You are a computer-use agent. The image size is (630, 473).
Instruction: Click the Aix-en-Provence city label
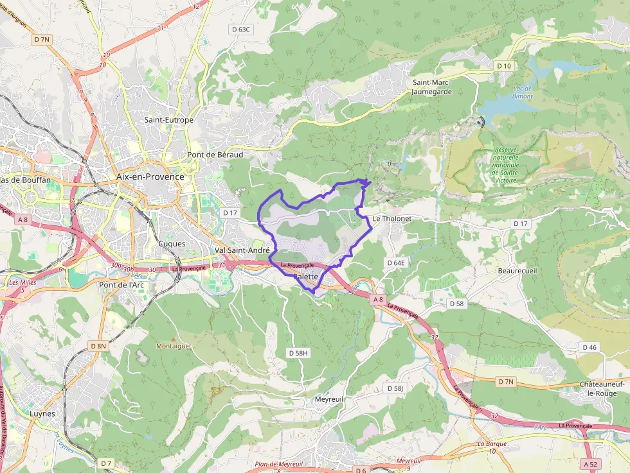[x=150, y=176]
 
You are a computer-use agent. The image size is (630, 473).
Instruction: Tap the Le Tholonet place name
[x=392, y=218]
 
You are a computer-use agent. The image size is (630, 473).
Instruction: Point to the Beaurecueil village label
[x=517, y=271]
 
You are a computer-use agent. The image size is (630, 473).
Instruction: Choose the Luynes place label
[x=42, y=414]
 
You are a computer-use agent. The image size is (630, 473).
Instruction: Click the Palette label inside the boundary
[x=305, y=277]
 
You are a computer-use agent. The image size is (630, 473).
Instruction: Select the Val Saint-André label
[x=242, y=250]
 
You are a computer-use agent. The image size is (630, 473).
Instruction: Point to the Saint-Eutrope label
[x=168, y=120]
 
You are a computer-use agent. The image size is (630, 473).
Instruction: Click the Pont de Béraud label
[x=215, y=155]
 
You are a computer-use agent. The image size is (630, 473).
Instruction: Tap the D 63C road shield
[x=241, y=30]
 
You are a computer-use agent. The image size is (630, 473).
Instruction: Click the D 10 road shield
[x=503, y=66]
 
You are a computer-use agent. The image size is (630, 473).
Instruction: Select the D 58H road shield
[x=299, y=353]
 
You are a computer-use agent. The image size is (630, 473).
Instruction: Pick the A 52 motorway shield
[x=590, y=463]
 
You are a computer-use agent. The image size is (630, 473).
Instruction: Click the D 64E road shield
[x=396, y=263]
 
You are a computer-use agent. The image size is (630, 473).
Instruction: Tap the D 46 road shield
[x=589, y=347]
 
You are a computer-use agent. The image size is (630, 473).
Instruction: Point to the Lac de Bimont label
[x=522, y=92]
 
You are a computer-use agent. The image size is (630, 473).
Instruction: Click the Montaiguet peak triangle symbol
[x=172, y=338]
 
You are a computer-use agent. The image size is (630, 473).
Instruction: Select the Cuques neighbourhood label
[x=172, y=244]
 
